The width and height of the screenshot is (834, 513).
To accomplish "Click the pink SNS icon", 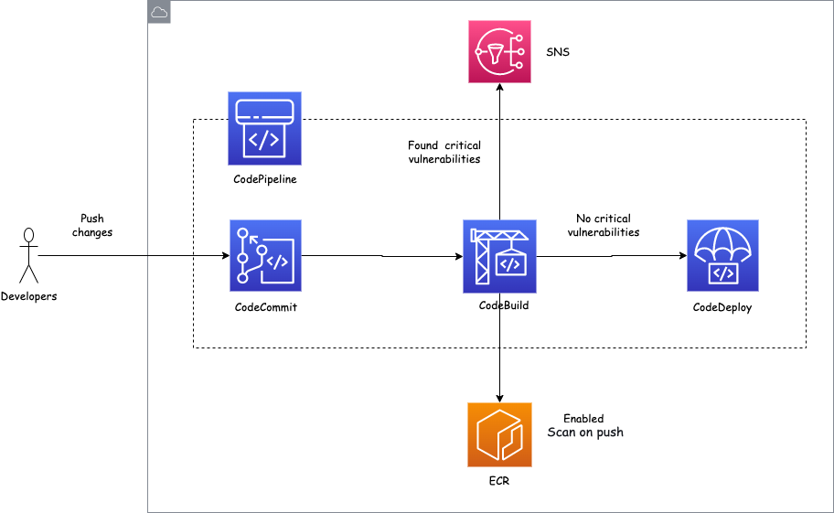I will [x=499, y=52].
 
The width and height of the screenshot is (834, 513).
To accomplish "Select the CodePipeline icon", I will [x=264, y=128].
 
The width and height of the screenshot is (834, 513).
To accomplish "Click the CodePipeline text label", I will [x=265, y=179].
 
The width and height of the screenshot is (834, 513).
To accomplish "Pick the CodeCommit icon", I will [x=265, y=255].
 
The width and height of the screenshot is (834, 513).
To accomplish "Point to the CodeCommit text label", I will [x=265, y=307].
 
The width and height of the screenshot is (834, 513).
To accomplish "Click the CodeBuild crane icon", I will [x=499, y=255].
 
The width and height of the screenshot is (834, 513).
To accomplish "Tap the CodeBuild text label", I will [x=504, y=305].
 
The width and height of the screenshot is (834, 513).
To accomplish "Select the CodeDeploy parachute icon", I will [x=722, y=255].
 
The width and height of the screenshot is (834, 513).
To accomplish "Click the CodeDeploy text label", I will [x=722, y=307].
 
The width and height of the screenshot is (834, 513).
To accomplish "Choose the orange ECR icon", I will [x=499, y=433].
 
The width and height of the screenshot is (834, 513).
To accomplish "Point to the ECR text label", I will [x=499, y=481].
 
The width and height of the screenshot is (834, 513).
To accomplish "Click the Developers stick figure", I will [x=28, y=255].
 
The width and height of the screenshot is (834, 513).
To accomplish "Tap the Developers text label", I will [x=29, y=296].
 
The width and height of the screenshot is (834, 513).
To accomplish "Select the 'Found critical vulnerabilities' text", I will [x=444, y=152].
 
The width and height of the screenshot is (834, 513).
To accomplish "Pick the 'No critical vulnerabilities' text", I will [x=604, y=226].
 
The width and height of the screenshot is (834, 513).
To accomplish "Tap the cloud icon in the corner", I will [x=159, y=12].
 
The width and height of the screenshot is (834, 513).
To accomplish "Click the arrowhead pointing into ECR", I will [x=499, y=397].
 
